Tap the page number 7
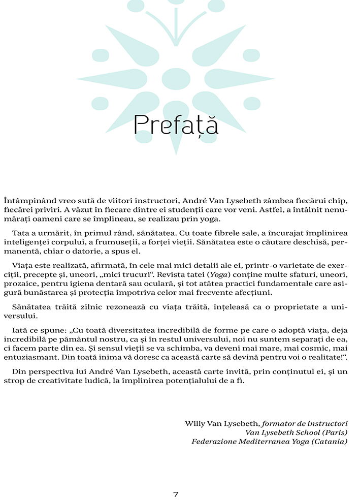(x=176, y=493)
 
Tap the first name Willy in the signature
(x=194, y=423)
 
